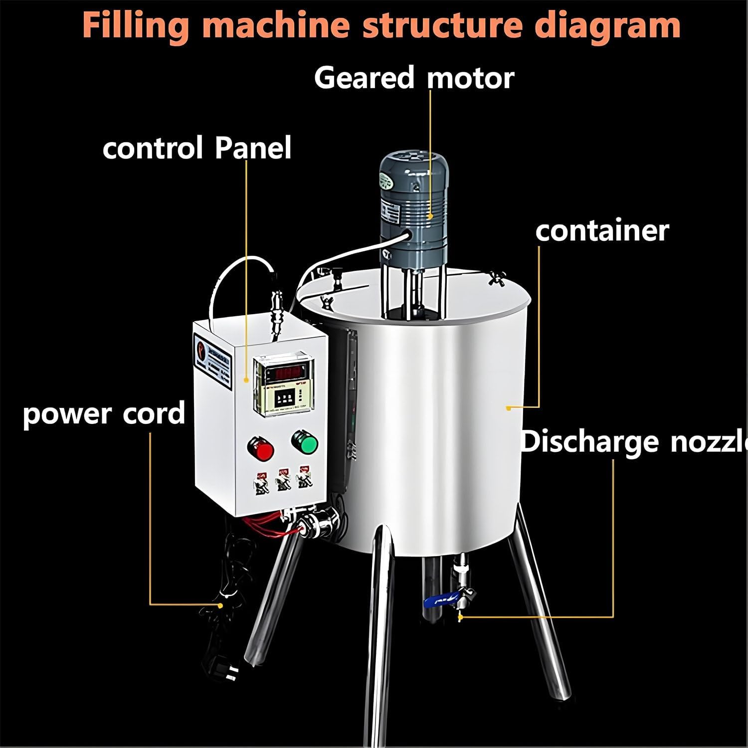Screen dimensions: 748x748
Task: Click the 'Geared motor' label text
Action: pos(414,78)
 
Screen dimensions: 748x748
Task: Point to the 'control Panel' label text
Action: pos(197,148)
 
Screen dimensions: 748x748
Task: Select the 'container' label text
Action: pos(602,231)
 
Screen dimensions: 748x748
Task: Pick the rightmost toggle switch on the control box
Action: pos(303,478)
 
